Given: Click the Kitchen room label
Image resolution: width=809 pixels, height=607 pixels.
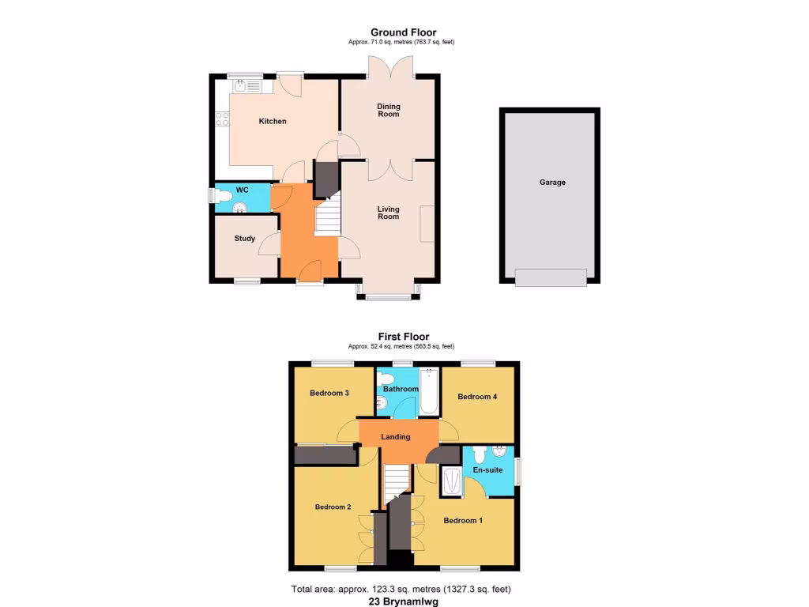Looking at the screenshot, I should (x=273, y=121).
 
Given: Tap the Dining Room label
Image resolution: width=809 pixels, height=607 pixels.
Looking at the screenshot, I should (x=388, y=111).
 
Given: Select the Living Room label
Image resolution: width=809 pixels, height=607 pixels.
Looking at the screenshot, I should (x=388, y=213).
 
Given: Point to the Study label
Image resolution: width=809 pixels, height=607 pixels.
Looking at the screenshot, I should (x=244, y=238).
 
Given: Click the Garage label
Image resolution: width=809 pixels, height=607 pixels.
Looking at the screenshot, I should (x=552, y=182).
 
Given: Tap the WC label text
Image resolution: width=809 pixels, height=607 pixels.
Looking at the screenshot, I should (x=242, y=190).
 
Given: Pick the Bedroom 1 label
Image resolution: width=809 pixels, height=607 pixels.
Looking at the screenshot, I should (x=463, y=520).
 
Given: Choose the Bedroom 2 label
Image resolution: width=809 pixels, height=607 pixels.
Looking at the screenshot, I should (x=333, y=507).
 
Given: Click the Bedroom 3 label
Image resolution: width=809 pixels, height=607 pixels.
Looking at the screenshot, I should (x=329, y=393).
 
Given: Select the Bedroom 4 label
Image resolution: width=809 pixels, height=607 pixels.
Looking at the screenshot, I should (x=477, y=397).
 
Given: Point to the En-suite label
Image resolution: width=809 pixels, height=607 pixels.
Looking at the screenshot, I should (x=487, y=469).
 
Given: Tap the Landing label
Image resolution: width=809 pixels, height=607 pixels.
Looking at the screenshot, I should (x=396, y=436).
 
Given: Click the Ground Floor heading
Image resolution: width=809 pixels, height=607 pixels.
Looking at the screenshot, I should (x=404, y=32).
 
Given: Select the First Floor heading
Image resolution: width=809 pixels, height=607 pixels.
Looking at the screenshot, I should (x=404, y=337).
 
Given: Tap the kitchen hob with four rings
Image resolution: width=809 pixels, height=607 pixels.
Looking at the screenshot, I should (x=222, y=119).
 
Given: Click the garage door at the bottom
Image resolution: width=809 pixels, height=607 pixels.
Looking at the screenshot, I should (x=551, y=277).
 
